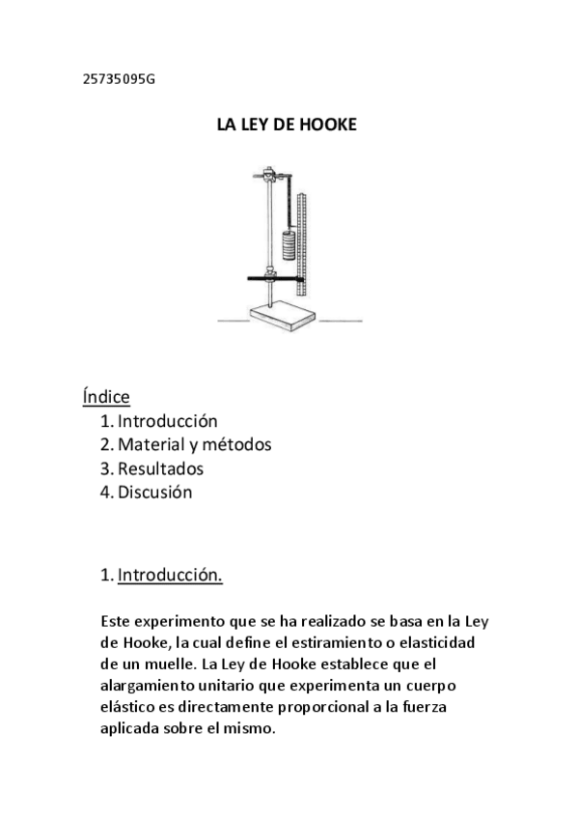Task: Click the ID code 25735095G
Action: point(119,79)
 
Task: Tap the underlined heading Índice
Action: point(106,396)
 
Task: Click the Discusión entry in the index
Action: point(154,493)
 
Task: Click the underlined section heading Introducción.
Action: point(170,577)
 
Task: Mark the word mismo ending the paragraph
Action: point(253,729)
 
